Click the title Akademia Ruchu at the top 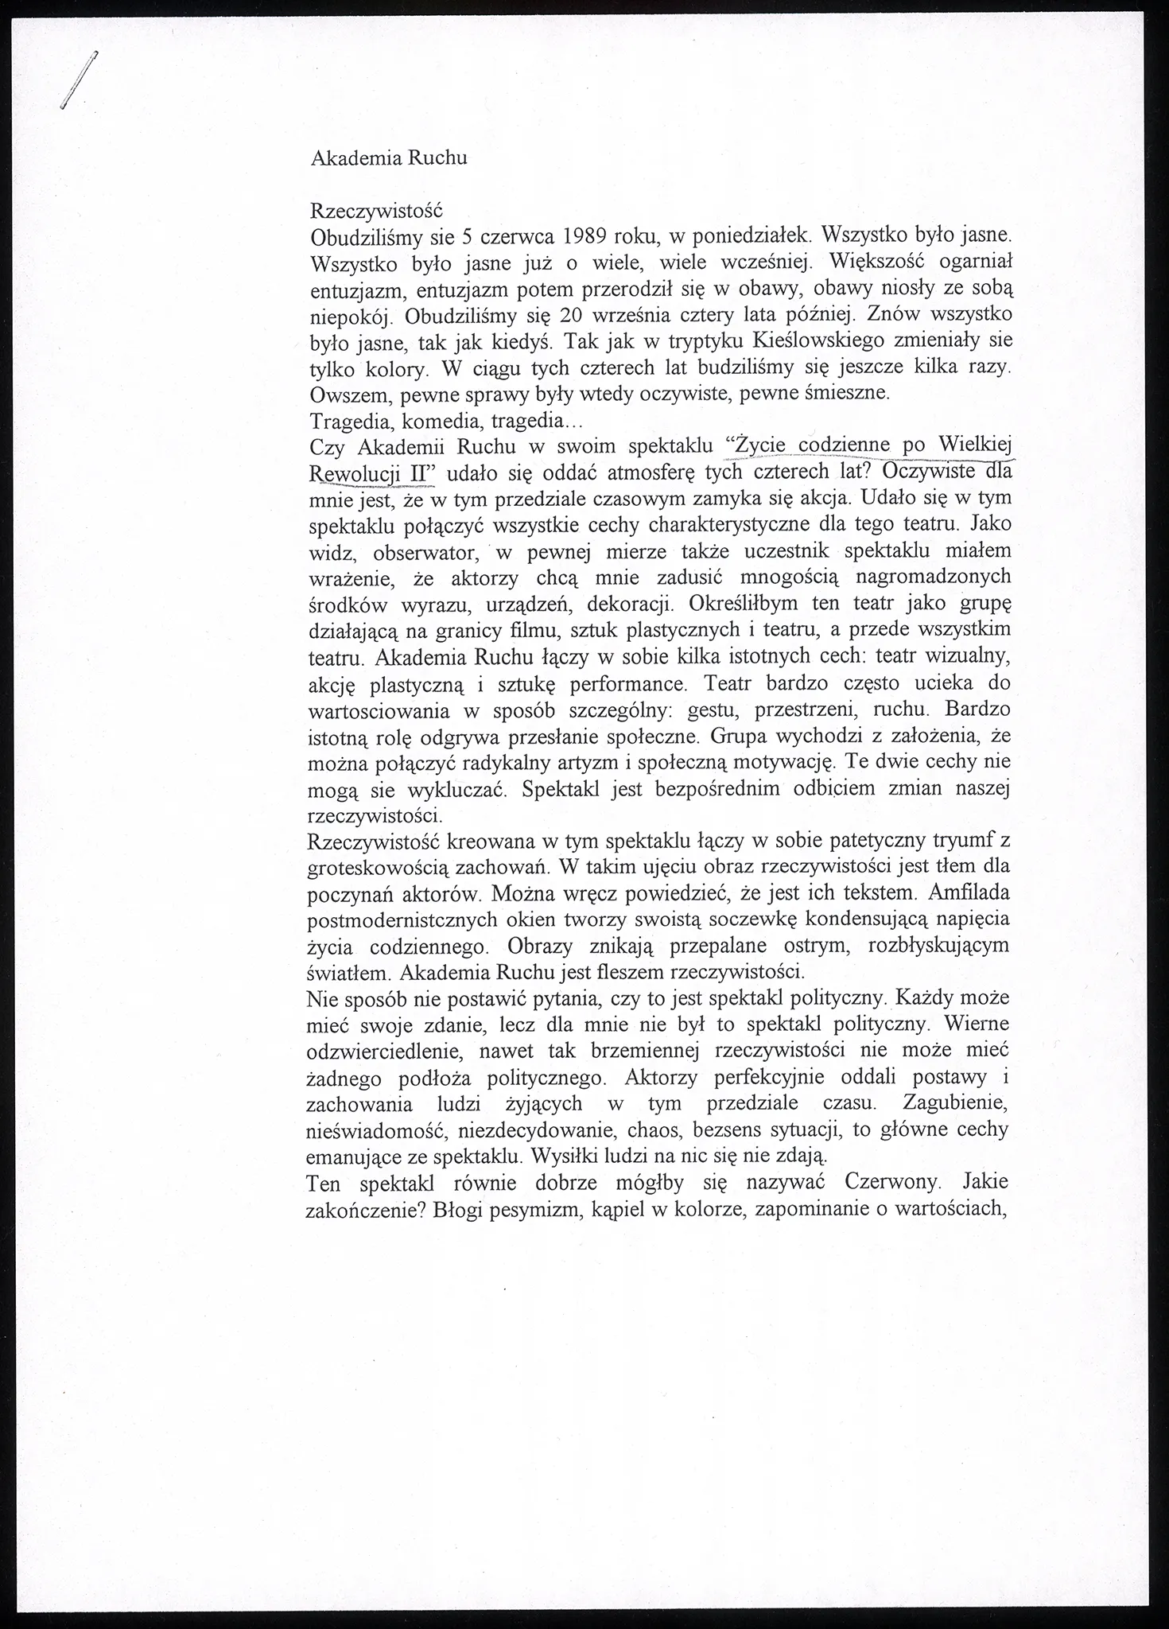388,157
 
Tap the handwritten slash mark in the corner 78,80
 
